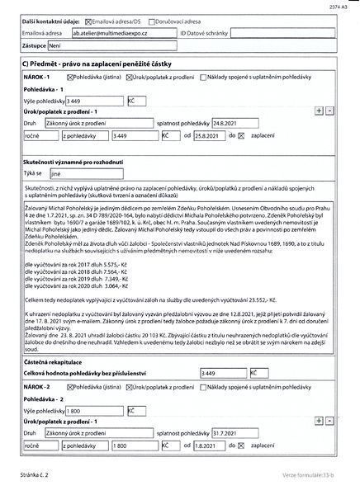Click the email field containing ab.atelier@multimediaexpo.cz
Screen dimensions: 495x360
click(123, 32)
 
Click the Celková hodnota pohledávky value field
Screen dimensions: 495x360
click(223, 350)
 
